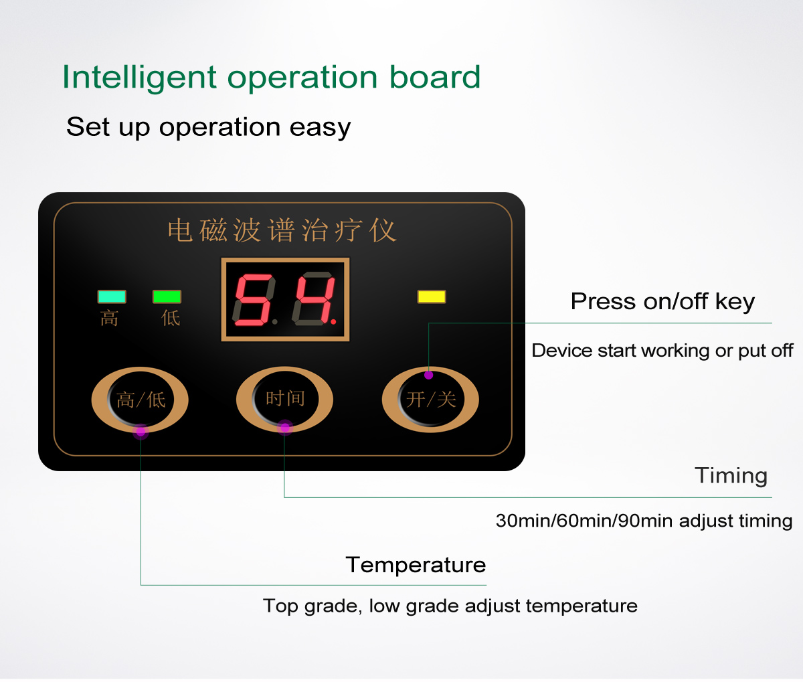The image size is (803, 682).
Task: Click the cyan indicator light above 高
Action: click(x=112, y=297)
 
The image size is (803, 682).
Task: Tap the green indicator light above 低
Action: click(x=167, y=297)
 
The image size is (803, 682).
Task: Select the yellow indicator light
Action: click(x=431, y=297)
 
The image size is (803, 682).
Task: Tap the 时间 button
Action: click(x=285, y=400)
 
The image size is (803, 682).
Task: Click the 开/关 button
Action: click(x=430, y=400)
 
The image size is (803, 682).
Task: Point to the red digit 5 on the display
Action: click(x=254, y=300)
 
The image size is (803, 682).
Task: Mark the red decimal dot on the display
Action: click(x=333, y=322)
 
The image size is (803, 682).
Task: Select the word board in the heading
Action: click(x=435, y=76)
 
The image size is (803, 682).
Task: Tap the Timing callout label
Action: click(x=731, y=477)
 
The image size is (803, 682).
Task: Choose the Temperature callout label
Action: click(x=416, y=565)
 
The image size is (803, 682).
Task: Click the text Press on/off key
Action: click(x=662, y=302)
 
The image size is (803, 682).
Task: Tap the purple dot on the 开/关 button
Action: click(x=428, y=375)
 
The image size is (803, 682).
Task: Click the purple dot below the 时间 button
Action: click(x=285, y=428)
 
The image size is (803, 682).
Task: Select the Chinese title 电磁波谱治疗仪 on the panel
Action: click(x=282, y=230)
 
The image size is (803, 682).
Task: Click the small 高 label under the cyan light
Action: click(x=109, y=319)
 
